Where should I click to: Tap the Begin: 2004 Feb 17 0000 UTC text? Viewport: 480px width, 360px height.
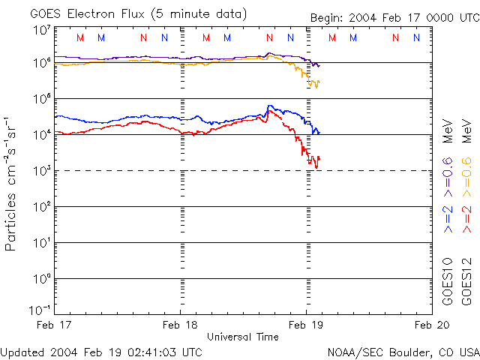tap(394, 17)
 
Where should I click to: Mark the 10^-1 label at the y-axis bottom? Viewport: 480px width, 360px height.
tap(40, 310)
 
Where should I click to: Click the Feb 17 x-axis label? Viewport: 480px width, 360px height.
tap(58, 325)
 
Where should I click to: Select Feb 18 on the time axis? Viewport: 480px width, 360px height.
tap(181, 325)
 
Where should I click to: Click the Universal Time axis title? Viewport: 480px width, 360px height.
tap(242, 336)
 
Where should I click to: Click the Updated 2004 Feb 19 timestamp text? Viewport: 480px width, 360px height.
tap(101, 351)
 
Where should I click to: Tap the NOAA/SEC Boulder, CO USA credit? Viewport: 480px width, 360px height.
tap(403, 351)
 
